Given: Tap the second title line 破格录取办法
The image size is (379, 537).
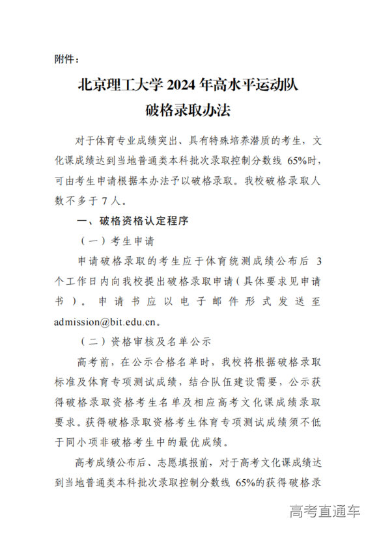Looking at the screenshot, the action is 188,111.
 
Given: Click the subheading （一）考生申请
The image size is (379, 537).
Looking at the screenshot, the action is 117,241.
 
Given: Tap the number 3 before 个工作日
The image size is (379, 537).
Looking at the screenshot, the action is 318,261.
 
